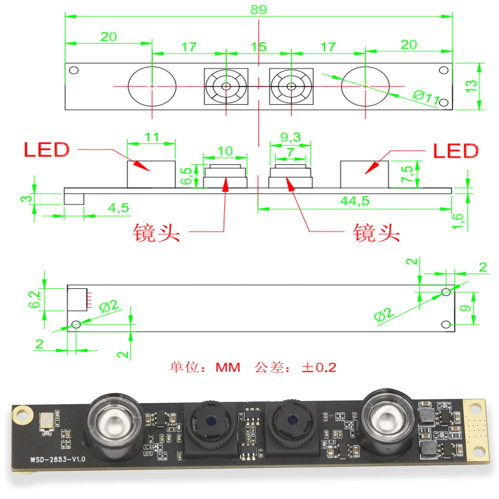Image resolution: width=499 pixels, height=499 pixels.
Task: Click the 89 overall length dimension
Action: coord(258,10)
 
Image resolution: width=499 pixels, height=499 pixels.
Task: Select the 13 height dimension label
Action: coord(471,86)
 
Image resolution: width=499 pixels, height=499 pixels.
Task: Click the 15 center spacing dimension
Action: coord(258,47)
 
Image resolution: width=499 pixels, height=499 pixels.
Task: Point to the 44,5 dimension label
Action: coord(355,201)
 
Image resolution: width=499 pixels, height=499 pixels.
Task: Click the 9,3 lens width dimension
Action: coord(290,137)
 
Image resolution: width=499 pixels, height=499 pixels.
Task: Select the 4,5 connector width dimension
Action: coord(118,208)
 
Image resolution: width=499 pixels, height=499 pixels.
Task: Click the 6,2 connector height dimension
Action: coord(34,299)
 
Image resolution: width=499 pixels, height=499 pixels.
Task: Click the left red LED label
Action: coord(47,150)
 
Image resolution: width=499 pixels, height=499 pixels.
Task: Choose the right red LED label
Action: coord(456,151)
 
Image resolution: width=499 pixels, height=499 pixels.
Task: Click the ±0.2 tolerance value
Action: coord(319,368)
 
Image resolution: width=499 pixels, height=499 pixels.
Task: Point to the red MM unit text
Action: coord(228,368)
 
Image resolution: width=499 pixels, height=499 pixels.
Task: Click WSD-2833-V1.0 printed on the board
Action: coord(58,459)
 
